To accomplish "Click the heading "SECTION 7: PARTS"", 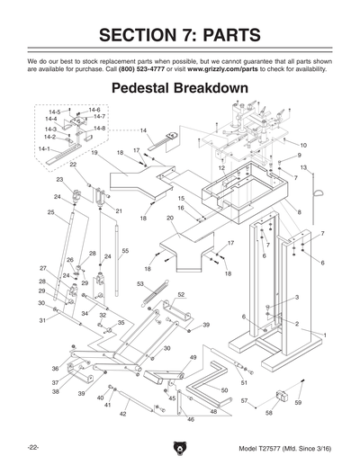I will (180, 35).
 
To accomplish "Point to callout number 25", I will (51, 213).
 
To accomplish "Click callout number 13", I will (303, 168).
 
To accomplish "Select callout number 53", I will (140, 283).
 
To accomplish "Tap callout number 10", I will (302, 145).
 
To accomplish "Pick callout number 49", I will (193, 358).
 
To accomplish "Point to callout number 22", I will (73, 165).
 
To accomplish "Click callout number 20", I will (170, 218).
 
